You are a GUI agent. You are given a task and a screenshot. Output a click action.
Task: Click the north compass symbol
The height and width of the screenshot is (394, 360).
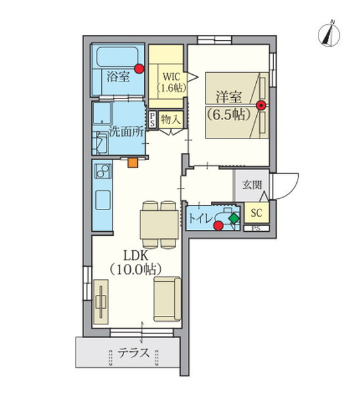(x=329, y=34)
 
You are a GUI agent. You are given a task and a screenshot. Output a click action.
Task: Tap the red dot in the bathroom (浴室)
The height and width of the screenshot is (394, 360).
(x=139, y=68)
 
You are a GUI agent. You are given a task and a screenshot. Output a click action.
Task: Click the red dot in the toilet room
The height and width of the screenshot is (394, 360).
(x=218, y=225)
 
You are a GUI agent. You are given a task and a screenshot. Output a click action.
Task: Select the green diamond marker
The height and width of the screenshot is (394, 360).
(x=235, y=218)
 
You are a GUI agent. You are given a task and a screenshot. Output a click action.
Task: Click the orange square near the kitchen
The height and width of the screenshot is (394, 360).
(x=133, y=163)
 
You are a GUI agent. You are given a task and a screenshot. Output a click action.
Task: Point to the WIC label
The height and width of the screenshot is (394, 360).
(x=171, y=76)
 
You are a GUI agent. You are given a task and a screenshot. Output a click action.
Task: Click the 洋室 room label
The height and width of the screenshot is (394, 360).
(x=229, y=97)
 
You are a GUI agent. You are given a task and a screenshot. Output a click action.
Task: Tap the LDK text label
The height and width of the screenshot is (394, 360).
(x=135, y=256)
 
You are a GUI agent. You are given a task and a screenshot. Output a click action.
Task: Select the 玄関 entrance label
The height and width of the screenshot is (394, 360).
(x=252, y=185)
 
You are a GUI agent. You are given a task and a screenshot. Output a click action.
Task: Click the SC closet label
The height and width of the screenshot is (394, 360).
(x=256, y=213)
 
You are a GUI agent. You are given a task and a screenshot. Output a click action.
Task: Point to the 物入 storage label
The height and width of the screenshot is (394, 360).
(x=171, y=120)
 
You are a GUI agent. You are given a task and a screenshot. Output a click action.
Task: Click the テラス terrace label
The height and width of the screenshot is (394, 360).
(x=133, y=353)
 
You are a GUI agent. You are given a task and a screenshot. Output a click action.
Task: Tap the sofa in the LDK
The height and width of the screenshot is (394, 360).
(x=168, y=299)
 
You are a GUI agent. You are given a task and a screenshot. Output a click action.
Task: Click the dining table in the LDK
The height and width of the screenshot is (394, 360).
(x=160, y=225)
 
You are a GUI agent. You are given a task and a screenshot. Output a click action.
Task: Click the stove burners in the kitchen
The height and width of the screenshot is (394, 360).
(x=102, y=171)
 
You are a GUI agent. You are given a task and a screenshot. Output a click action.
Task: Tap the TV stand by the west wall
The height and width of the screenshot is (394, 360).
(x=101, y=302)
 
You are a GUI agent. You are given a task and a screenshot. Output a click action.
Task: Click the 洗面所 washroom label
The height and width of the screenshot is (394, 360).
(x=126, y=131)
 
